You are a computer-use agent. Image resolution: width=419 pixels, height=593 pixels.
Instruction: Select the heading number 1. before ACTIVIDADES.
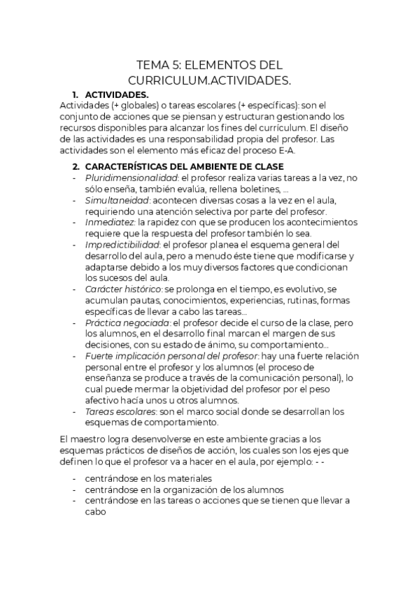click(76, 94)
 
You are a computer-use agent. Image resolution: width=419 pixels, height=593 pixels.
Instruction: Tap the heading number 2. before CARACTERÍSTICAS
click(76, 166)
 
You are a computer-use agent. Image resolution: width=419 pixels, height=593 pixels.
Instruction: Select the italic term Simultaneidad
click(114, 201)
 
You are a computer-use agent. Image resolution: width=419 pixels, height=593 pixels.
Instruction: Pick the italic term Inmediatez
click(108, 222)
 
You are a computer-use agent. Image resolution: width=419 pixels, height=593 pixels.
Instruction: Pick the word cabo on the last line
click(94, 512)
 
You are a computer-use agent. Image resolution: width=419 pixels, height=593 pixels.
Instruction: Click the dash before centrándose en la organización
click(75, 490)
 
